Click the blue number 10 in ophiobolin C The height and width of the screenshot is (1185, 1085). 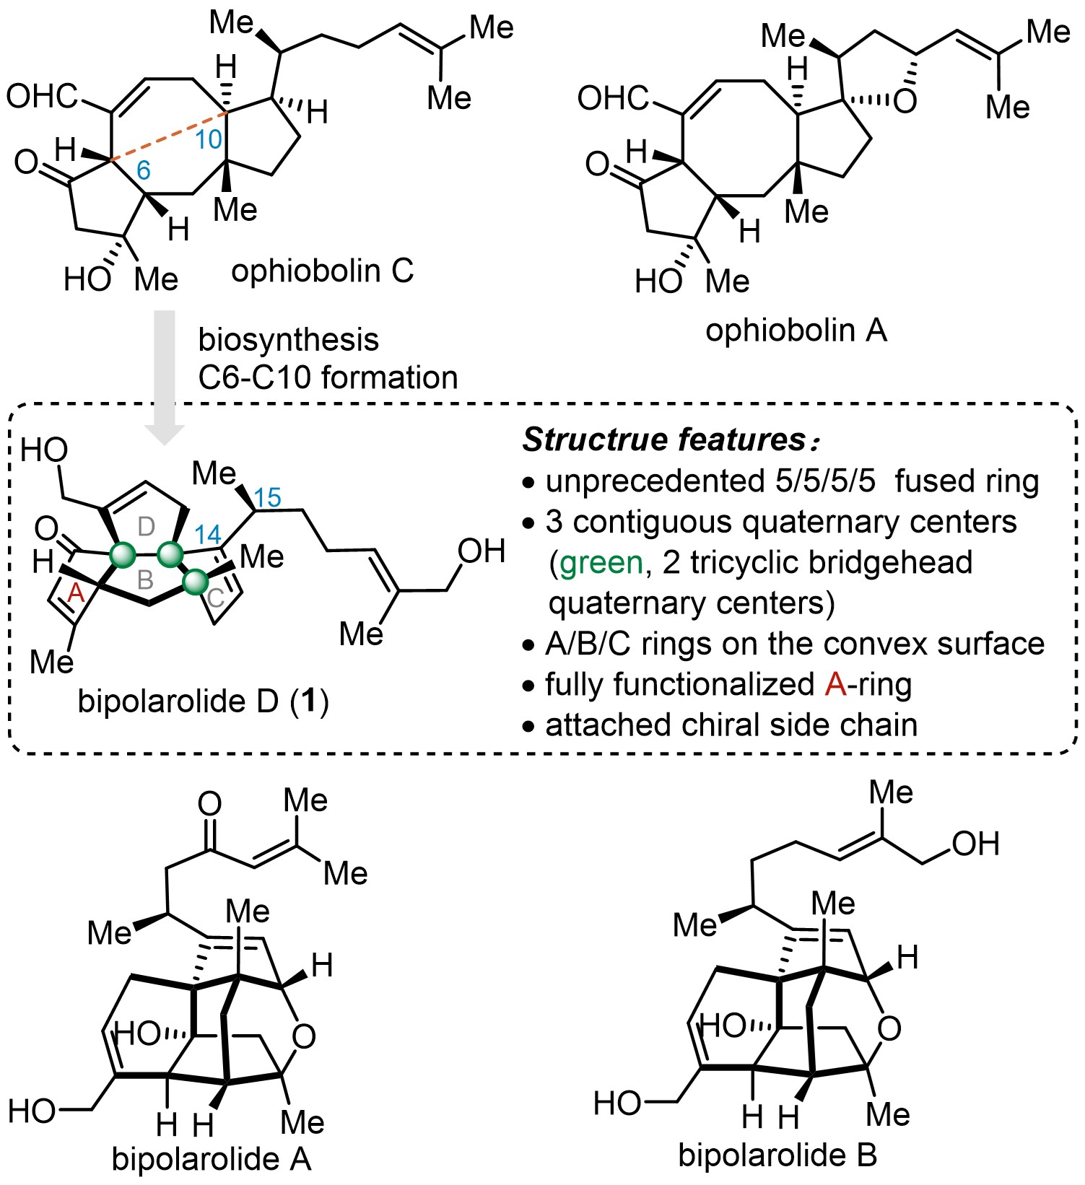(209, 139)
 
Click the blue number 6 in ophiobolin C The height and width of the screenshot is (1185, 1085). (144, 170)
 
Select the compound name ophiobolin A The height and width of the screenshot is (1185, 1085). (796, 331)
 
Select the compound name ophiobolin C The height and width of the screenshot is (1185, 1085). (322, 271)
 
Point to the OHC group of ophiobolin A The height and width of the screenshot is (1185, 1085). (613, 97)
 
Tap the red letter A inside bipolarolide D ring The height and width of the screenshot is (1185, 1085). (76, 593)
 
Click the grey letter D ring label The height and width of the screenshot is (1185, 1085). (146, 527)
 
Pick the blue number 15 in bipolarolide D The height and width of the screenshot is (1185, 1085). (267, 497)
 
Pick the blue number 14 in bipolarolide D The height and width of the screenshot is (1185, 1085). (207, 535)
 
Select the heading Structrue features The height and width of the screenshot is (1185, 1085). (663, 440)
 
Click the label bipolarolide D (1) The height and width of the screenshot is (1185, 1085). (203, 701)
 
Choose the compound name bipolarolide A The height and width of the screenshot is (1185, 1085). (212, 1159)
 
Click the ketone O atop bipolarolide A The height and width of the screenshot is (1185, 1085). (209, 803)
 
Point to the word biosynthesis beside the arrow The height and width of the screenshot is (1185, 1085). (288, 339)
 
